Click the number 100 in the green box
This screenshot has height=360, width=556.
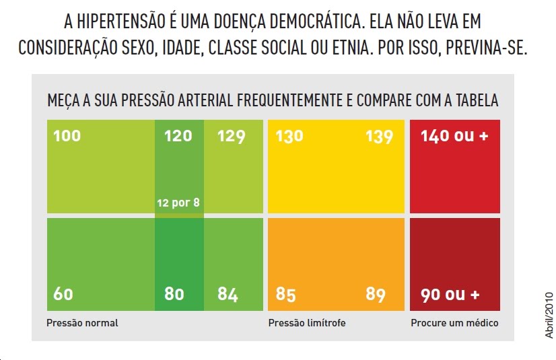click(67, 136)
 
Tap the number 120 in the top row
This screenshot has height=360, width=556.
click(178, 136)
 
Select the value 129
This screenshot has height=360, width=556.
click(231, 136)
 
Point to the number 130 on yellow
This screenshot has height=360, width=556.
click(289, 136)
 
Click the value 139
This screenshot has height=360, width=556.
click(379, 136)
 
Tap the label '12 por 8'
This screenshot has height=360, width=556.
click(178, 202)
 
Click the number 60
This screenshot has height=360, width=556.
click(63, 294)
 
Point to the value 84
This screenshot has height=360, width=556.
click(228, 294)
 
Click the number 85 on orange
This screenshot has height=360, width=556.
click(286, 294)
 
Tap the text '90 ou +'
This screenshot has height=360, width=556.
click(450, 294)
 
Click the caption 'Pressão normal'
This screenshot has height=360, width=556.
click(82, 323)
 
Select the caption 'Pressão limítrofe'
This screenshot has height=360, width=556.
click(307, 323)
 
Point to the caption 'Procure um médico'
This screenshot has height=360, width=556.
click(454, 323)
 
